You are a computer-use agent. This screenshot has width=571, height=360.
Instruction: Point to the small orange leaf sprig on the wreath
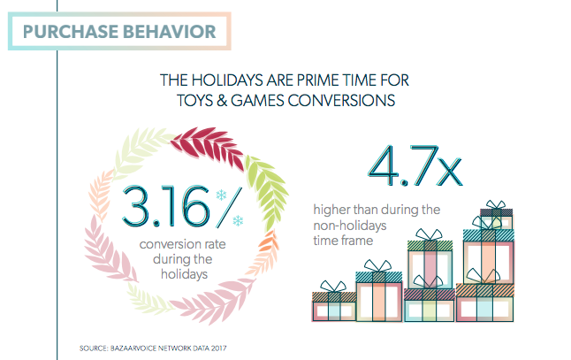pos(266,247)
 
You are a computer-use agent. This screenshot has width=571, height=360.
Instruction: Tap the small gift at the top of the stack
pos(495,219)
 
